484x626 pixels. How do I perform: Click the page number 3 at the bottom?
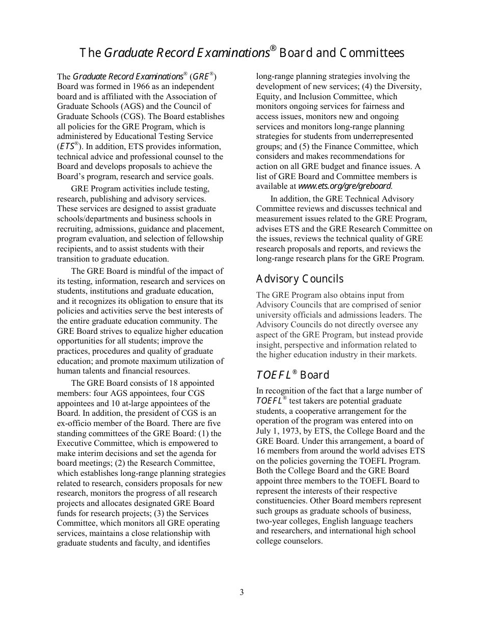point(241,592)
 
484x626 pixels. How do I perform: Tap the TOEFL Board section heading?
point(292,375)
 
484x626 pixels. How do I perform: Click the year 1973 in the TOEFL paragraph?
point(287,431)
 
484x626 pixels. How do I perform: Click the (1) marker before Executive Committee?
point(204,434)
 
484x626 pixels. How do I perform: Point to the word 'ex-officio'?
point(75,423)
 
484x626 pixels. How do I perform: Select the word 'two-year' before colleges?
point(272,521)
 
